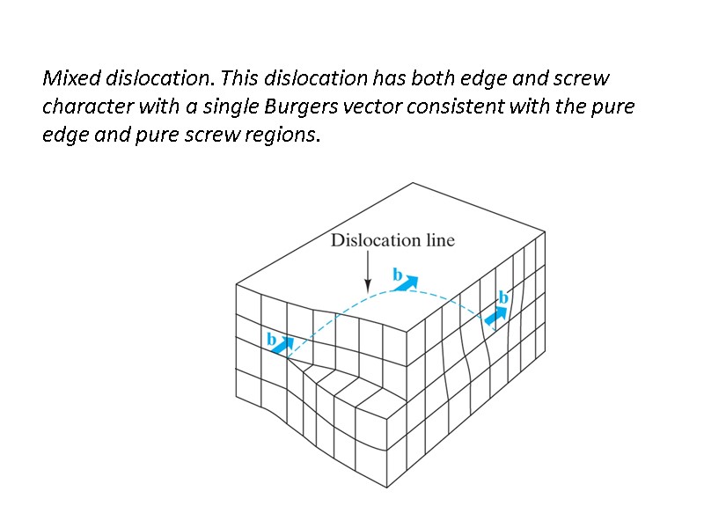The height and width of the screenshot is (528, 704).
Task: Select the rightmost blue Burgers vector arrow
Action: [496, 314]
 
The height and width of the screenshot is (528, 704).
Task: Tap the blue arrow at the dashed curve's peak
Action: [407, 283]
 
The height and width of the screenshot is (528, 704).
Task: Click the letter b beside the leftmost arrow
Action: [271, 339]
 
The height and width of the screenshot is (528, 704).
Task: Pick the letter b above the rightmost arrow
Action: [503, 297]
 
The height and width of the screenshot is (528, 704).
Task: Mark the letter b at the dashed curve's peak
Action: [397, 275]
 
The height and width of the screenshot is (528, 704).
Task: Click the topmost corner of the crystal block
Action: [412, 183]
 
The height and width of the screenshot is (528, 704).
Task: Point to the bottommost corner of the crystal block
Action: [385, 487]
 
